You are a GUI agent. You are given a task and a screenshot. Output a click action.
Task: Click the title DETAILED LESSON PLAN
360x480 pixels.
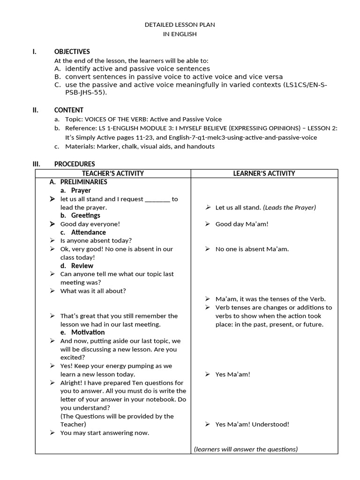click(180, 24)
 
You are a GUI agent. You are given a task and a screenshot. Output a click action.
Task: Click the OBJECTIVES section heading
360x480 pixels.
click(72, 52)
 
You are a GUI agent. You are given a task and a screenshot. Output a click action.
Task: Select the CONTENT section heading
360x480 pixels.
click(68, 110)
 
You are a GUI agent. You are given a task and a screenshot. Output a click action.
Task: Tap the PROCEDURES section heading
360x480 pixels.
click(74, 164)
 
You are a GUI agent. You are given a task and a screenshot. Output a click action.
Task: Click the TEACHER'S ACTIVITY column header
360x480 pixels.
click(113, 173)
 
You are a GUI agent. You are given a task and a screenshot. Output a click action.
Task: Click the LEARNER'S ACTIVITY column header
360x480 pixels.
click(264, 173)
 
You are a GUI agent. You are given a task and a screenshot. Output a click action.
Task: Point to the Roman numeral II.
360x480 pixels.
click(35, 110)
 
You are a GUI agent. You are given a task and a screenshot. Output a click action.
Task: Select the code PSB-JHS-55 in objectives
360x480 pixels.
click(80, 92)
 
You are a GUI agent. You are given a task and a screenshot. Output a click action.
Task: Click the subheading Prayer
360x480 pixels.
click(81, 190)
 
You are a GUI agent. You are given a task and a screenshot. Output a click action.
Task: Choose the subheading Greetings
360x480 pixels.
click(85, 216)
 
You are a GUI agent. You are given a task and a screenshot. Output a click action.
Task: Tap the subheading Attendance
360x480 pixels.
click(88, 232)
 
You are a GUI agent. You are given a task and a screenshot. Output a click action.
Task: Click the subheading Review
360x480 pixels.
click(82, 266)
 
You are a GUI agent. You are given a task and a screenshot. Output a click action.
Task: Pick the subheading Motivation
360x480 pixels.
click(88, 332)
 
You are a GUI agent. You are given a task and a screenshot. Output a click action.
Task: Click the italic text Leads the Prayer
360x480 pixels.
click(289, 208)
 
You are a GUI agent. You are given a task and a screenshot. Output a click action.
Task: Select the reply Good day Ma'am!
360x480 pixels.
click(242, 224)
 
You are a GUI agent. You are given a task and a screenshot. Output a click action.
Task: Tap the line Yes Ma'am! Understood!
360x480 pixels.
click(252, 424)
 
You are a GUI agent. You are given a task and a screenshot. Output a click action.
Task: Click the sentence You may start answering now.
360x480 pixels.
click(105, 433)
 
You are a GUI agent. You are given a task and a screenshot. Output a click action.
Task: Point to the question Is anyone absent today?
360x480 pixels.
click(96, 240)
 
